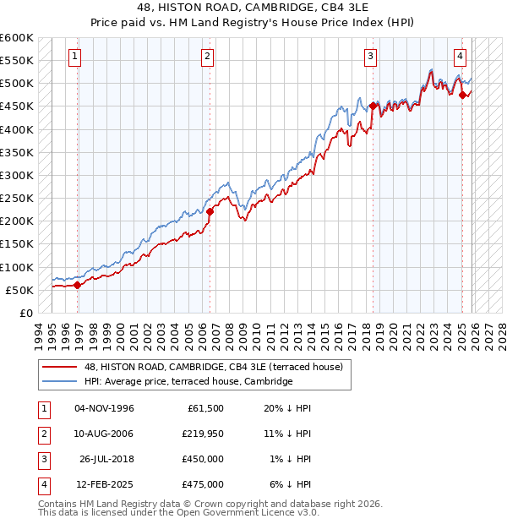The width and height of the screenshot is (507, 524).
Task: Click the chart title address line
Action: click(x=253, y=8)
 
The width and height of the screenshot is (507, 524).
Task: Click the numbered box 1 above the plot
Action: click(x=75, y=57)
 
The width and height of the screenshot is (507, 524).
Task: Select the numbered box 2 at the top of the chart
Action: click(x=207, y=57)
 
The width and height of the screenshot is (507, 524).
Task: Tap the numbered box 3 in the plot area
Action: click(x=370, y=57)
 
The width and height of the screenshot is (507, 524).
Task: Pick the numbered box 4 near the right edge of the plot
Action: click(x=460, y=57)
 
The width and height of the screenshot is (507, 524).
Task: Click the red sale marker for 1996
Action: click(x=78, y=285)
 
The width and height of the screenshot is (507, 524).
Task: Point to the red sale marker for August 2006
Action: click(x=210, y=212)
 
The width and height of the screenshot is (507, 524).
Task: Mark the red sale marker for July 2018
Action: click(x=373, y=106)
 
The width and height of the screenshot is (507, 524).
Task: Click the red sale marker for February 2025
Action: click(x=463, y=95)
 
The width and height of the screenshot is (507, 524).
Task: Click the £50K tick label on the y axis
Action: click(x=19, y=290)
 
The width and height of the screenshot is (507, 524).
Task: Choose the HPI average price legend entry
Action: click(x=188, y=381)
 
